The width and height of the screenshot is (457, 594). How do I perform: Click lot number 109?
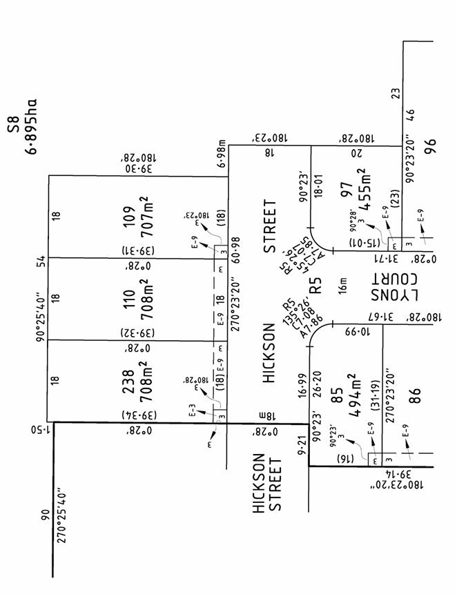pos(128,217)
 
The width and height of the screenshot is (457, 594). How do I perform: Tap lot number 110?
pos(128,299)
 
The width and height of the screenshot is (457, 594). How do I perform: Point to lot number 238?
pos(128,381)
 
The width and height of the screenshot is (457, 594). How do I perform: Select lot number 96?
pos(432,148)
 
